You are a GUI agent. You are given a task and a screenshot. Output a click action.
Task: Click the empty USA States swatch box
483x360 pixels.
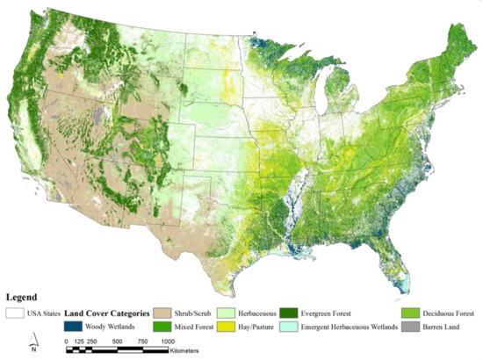coord(16,313)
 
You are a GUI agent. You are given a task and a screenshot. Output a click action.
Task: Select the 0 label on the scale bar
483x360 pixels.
coord(68,341)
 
